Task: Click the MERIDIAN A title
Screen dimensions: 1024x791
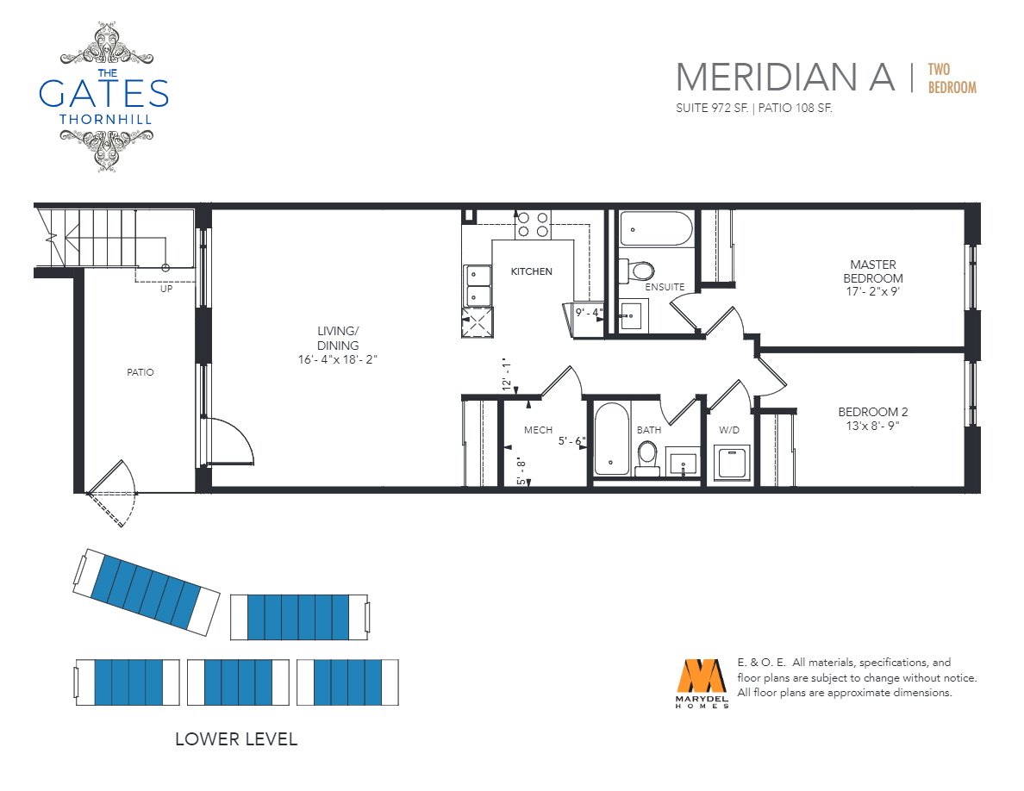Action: click(785, 77)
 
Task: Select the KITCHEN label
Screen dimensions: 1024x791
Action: click(532, 271)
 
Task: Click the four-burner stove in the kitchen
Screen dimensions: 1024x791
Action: click(532, 225)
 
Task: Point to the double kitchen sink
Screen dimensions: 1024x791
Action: click(478, 286)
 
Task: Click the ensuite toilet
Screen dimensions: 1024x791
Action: click(637, 271)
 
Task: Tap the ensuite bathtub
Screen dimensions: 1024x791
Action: click(656, 228)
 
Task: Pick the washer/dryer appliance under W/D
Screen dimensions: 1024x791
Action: click(732, 464)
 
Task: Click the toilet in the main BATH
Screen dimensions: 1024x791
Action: click(647, 457)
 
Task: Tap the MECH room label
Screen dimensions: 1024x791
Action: click(538, 430)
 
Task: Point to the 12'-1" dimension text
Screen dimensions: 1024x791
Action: click(506, 375)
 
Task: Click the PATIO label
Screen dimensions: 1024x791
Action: click(140, 372)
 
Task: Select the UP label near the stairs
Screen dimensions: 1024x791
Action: click(166, 289)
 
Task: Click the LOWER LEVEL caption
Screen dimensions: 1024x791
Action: click(236, 738)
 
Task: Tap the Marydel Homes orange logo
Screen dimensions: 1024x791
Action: click(702, 676)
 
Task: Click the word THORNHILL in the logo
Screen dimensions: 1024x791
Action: click(105, 120)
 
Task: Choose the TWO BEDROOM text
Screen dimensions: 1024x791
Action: click(952, 78)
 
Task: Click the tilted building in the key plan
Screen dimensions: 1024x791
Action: click(147, 592)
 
